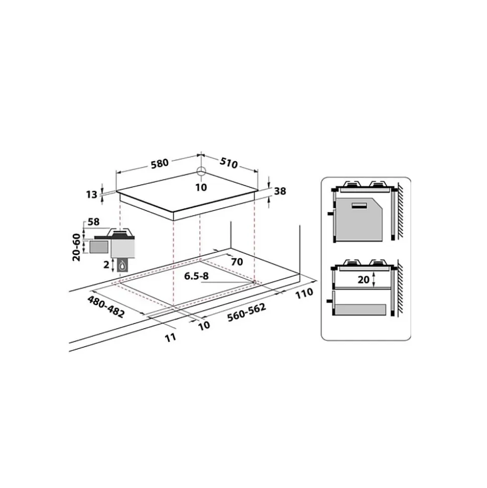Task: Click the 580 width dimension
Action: (x=160, y=163)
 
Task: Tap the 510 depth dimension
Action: (x=229, y=163)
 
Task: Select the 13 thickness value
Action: (x=92, y=194)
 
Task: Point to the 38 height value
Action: (x=280, y=191)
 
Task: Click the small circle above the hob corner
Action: (x=201, y=170)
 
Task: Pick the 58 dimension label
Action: (x=93, y=222)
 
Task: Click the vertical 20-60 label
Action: (x=76, y=247)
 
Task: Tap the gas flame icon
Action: (x=124, y=265)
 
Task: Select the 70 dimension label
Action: (x=237, y=262)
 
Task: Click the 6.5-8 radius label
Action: (x=196, y=276)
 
